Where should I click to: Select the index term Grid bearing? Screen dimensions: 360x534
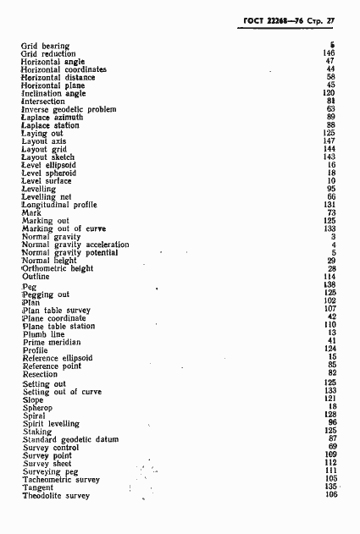pyautogui.click(x=45, y=46)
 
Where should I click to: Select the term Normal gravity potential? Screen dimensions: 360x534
pyautogui.click(x=69, y=253)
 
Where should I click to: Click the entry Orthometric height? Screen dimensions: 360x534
pyautogui.click(x=58, y=268)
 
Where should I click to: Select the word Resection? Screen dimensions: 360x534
pyautogui.click(x=40, y=373)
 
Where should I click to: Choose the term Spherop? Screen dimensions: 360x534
pyautogui.click(x=37, y=408)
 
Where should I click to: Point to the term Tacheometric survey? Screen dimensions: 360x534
pyautogui.click(x=62, y=480)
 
